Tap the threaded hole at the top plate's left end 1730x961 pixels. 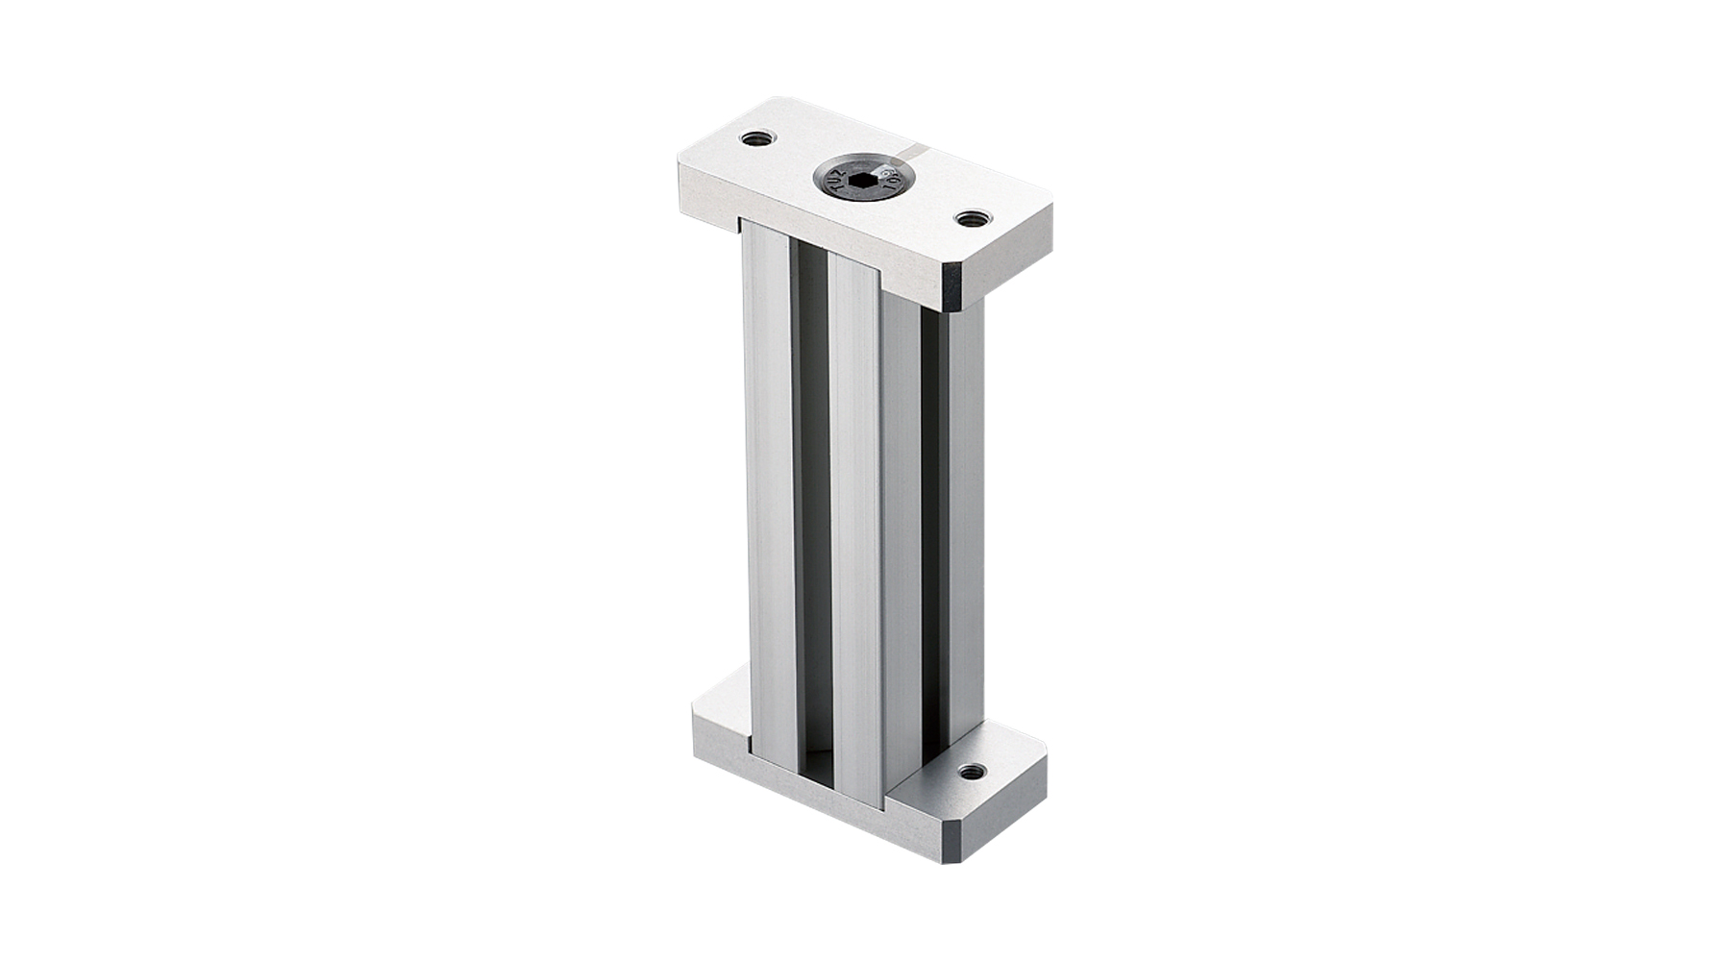(758, 138)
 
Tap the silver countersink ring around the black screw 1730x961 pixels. (862, 196)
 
